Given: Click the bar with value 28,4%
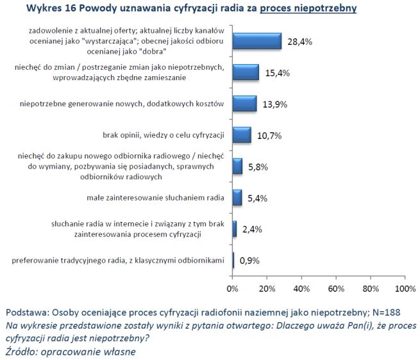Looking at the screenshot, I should pos(256,41).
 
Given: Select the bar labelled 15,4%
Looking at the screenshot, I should pos(245,72).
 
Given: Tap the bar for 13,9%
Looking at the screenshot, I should pos(244,104).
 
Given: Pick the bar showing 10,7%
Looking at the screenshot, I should pos(241,135).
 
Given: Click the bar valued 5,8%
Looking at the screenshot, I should pos(237,167).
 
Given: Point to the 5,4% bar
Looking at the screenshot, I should pos(237,198).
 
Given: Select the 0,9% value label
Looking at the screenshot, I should pos(249,261).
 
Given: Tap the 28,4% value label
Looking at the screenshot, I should pos(298,42).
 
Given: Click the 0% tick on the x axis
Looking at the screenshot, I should pos(233,288).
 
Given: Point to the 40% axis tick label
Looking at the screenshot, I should pos(301,288).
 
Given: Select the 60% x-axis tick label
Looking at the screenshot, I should pos(335,288).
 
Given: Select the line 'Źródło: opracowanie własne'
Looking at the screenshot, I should pos(71,351).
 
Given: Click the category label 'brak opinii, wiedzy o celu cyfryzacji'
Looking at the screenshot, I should pos(163,135).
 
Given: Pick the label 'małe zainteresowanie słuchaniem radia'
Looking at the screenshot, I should pos(156,198).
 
